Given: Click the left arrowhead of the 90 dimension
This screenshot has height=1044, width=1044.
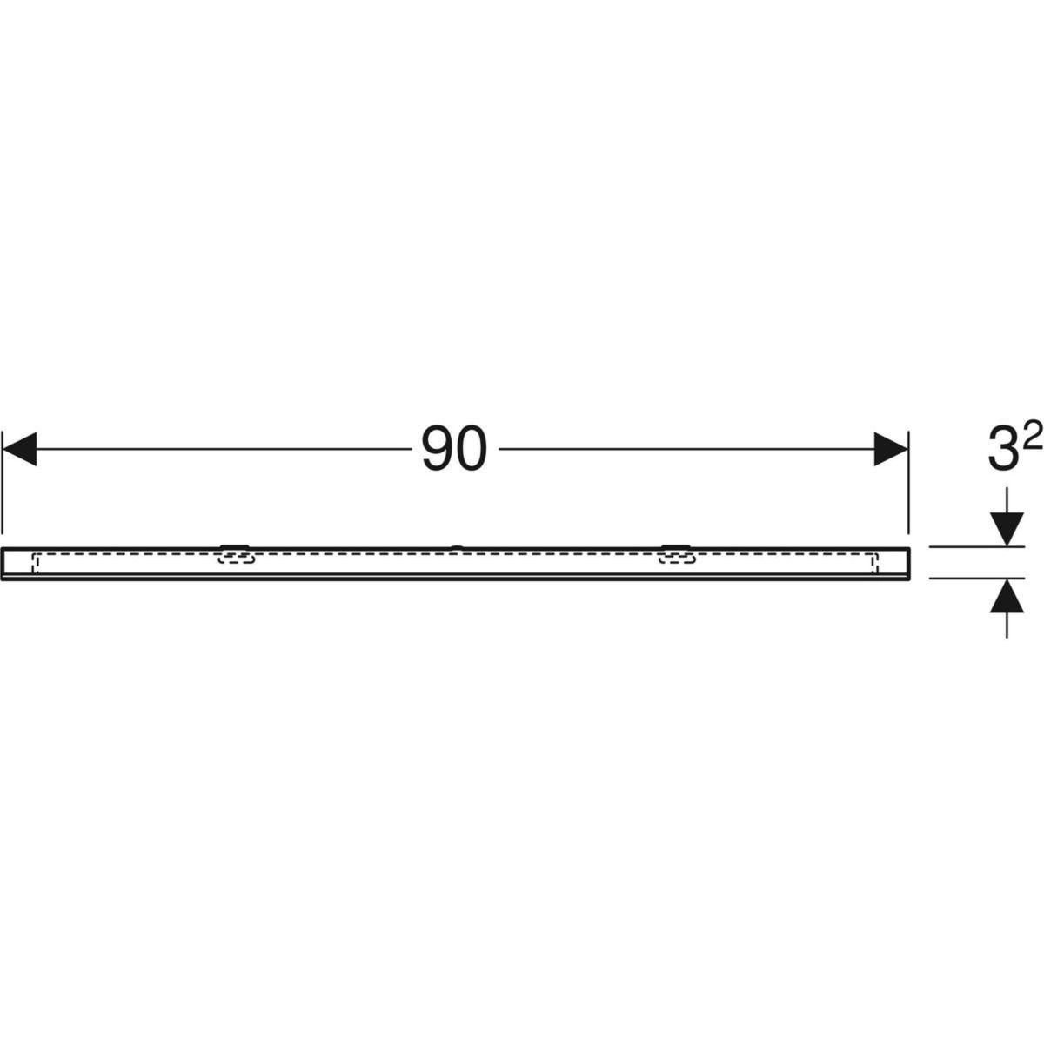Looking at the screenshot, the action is click(20, 449).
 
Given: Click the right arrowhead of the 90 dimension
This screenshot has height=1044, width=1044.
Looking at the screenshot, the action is click(891, 449).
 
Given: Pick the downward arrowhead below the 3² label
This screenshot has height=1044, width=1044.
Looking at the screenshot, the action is click(1007, 528).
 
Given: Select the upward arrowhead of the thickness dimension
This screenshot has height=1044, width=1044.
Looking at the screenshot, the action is click(1007, 596).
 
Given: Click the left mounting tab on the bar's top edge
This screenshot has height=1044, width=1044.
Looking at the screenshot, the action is click(235, 546).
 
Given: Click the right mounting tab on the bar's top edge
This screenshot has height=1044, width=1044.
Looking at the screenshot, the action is click(676, 546).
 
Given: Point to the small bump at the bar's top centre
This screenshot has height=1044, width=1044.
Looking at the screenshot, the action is click(457, 547).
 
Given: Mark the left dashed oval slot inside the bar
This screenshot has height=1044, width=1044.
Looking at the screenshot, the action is click(236, 558).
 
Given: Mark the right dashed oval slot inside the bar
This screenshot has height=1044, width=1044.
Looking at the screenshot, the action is click(677, 558).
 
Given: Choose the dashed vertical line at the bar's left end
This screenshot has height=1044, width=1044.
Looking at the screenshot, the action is click(34, 564).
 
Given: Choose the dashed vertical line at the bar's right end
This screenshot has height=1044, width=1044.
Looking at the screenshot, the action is click(876, 564).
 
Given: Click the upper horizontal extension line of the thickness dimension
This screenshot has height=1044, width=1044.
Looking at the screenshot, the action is click(977, 547).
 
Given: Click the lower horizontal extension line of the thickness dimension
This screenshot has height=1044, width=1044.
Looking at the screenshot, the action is click(977, 578).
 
